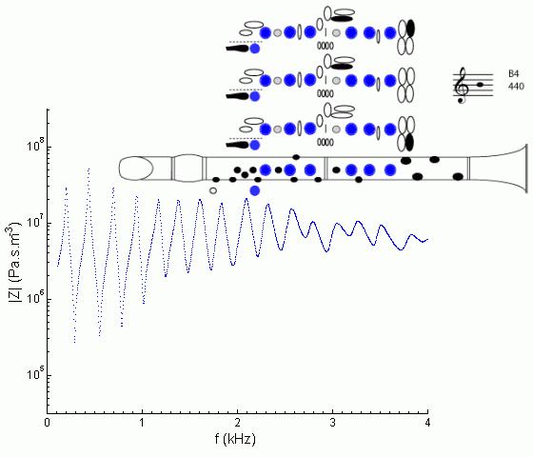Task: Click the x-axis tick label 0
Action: [x=48, y=423]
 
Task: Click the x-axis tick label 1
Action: [x=142, y=423]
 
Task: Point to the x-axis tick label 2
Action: [x=237, y=423]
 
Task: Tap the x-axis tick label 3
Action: [x=332, y=423]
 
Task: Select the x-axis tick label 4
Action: [x=427, y=423]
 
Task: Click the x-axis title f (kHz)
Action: [x=235, y=439]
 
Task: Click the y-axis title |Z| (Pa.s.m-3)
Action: [x=14, y=262]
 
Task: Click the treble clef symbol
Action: [x=462, y=86]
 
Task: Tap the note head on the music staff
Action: [x=480, y=85]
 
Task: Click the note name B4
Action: [x=514, y=74]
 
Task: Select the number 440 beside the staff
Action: [x=516, y=87]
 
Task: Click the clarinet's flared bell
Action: [x=500, y=169]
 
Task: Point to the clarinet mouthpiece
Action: [x=136, y=168]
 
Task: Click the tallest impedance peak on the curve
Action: [x=89, y=169]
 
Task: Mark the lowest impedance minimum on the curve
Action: [x=75, y=342]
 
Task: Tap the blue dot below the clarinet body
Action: [x=255, y=190]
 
